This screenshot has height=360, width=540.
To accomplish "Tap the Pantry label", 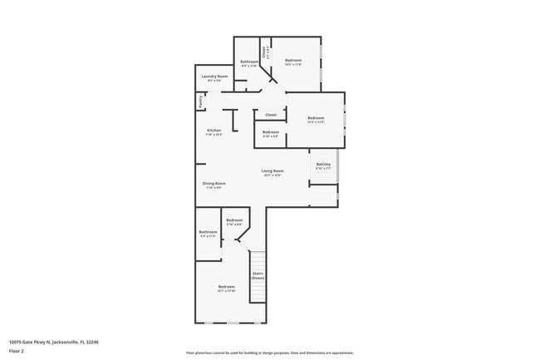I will point(200,101).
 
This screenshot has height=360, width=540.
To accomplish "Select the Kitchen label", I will point(214,131).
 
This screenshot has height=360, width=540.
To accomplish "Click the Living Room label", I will point(273,171).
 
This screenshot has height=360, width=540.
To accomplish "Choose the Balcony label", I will point(323,164).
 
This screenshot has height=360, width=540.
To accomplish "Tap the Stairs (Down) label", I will point(258,275).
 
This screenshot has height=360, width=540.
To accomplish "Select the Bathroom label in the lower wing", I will point(208,232).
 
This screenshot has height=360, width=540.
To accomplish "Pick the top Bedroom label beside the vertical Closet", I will point(293,60).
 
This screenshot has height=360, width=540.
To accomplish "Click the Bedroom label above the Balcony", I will point(316,118).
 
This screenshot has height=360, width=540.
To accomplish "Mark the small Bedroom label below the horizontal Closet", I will point(271,132).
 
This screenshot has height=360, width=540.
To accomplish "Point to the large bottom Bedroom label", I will point(227,287).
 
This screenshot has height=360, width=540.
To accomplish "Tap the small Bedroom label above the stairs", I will point(234,220).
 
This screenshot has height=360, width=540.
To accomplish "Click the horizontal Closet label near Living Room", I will point(271,115).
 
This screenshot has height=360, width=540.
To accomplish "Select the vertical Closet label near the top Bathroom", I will point(264,51).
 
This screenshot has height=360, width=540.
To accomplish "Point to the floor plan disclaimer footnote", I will point(270,353).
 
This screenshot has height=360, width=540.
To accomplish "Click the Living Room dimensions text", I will point(273,175).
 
